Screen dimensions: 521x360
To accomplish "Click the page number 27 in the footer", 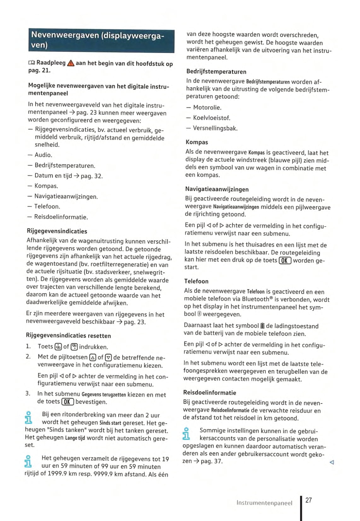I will point(309,500).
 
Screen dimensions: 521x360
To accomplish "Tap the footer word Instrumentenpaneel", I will point(264,503).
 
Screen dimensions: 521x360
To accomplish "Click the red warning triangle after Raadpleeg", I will point(71,63).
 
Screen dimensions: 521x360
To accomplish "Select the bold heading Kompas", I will point(197,142).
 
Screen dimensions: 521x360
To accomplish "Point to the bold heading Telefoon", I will point(196,281).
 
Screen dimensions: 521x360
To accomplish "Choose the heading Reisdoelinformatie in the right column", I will point(209,392).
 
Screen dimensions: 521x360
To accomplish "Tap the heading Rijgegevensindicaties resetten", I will point(68,335).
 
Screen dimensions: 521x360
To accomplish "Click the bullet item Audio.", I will point(43,155).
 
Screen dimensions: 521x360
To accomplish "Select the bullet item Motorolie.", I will point(207,107).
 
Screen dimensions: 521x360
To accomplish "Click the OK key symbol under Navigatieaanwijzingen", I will point(285,260).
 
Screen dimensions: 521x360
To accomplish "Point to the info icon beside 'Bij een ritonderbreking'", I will point(29,417).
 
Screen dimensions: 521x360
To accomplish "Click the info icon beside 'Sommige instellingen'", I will point(186,433).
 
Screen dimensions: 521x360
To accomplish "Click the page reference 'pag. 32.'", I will point(92,176).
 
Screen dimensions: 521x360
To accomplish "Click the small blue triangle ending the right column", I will point(331,462).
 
